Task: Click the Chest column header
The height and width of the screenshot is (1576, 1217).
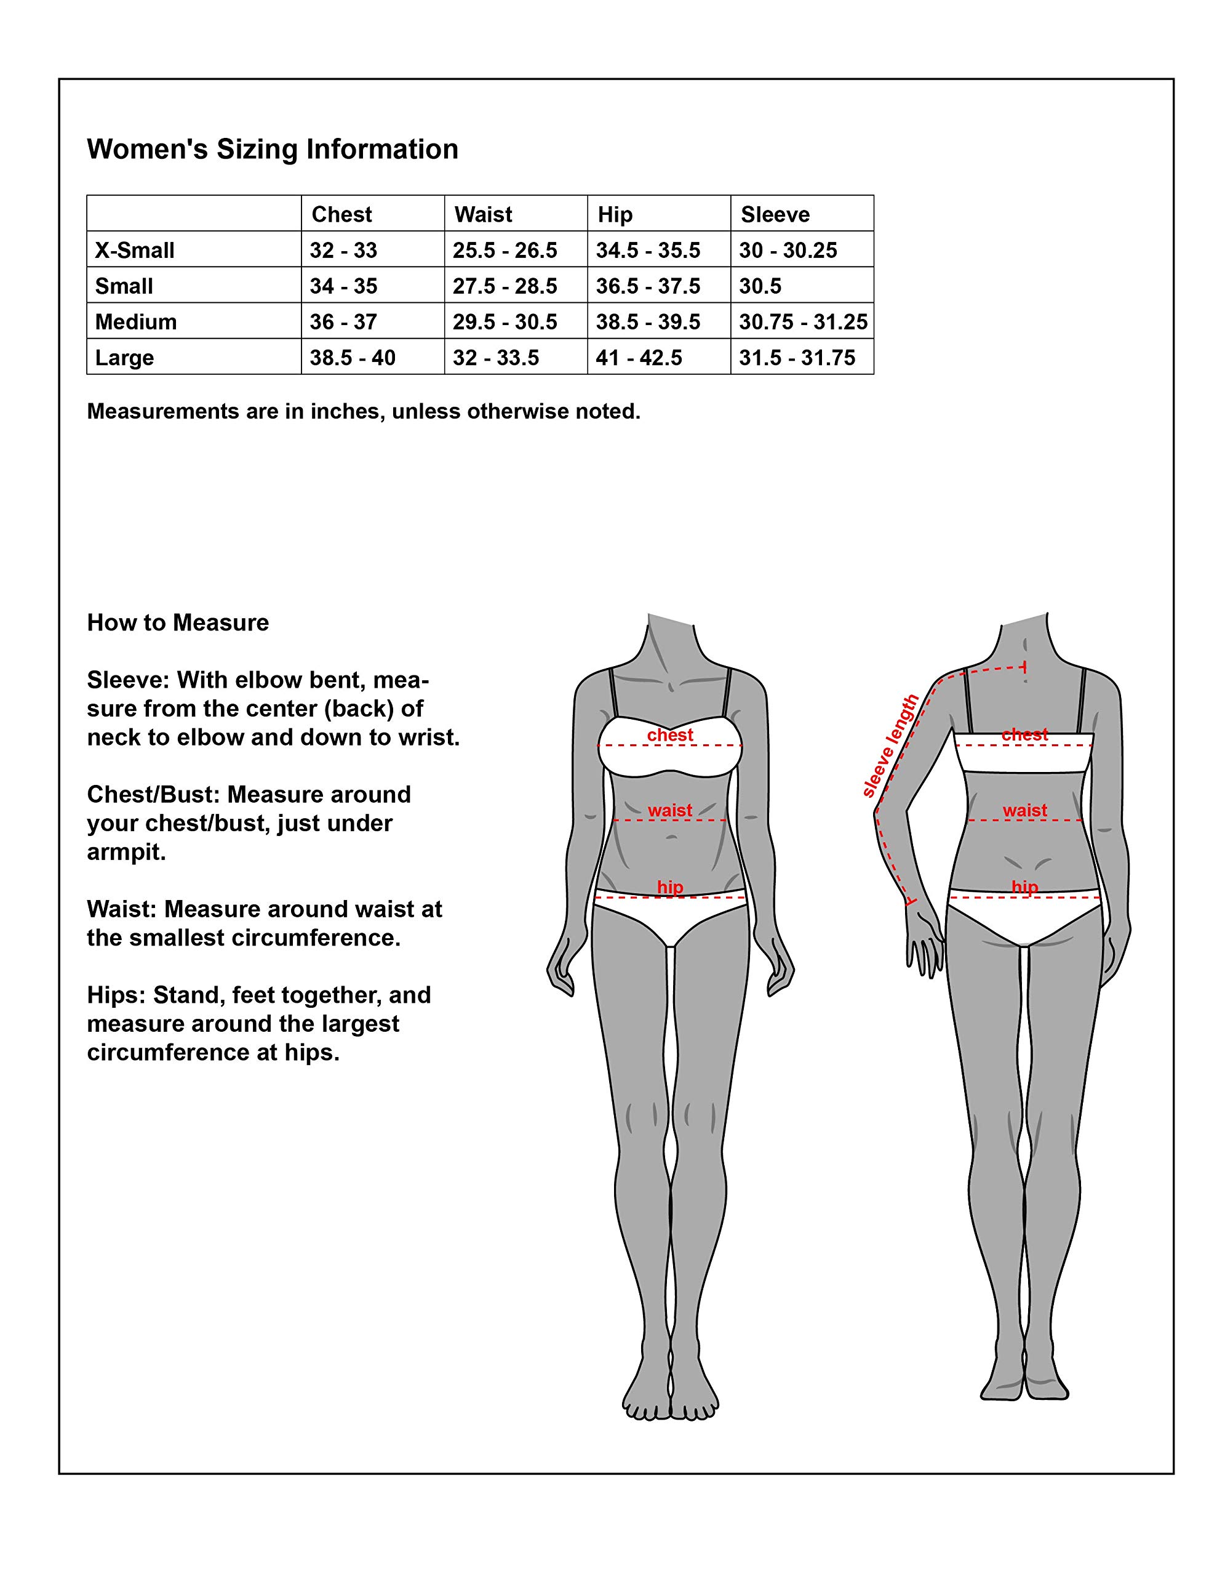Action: (x=341, y=214)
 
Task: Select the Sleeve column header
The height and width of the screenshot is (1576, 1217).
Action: (x=775, y=214)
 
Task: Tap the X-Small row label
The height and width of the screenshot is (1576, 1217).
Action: (x=135, y=251)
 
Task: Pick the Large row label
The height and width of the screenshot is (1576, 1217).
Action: (x=124, y=358)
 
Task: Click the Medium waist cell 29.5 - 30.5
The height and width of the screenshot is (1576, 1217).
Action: (x=505, y=322)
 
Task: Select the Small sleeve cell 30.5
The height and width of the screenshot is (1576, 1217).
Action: (x=760, y=286)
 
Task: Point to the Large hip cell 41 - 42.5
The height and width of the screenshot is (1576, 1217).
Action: (x=639, y=358)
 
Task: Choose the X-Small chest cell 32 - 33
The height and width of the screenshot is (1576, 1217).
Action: (x=343, y=251)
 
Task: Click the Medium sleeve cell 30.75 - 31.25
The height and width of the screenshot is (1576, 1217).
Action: (x=803, y=322)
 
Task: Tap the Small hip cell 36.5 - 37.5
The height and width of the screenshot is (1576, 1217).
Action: (x=648, y=286)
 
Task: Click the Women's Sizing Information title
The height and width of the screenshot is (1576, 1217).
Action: (x=273, y=150)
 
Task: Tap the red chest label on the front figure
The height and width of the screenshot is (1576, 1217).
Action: (x=669, y=734)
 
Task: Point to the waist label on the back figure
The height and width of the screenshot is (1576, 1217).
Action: (x=1024, y=810)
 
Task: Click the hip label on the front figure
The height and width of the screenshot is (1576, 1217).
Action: (x=669, y=887)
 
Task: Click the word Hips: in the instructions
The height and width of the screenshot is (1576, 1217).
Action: (x=116, y=995)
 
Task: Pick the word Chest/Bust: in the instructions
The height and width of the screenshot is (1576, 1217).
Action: (x=153, y=795)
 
